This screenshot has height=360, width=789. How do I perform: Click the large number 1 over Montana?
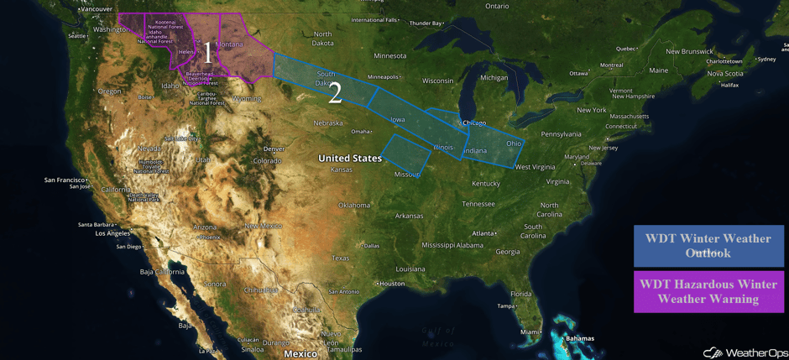[207, 53]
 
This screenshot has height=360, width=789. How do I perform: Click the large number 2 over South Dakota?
[335, 93]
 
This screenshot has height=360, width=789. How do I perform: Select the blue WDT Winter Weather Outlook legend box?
[708, 246]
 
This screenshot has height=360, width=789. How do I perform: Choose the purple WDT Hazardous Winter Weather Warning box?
[708, 291]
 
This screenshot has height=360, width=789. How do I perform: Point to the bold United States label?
[349, 158]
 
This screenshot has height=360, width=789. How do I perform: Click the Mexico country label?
[300, 353]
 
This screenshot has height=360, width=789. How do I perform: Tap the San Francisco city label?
[65, 180]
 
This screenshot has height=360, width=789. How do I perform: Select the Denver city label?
[274, 149]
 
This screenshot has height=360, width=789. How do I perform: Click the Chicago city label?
[474, 123]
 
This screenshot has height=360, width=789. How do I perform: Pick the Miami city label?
[530, 331]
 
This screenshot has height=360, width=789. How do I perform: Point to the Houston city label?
[392, 284]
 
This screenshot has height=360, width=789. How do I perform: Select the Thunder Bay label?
[426, 23]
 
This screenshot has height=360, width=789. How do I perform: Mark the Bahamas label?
[578, 338]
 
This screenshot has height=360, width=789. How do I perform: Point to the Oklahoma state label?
[353, 205]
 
